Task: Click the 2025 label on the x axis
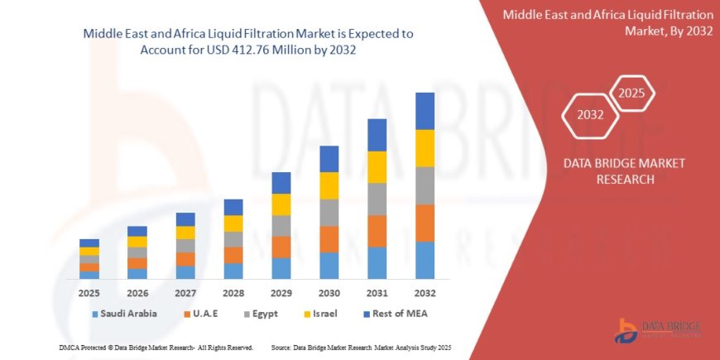coord(89,293)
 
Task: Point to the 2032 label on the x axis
coord(425,293)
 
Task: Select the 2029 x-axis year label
coord(281,293)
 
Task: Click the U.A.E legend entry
coord(210,314)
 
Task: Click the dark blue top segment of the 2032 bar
coord(425,111)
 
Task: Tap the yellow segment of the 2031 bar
coord(377,167)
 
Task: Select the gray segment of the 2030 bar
coord(329,213)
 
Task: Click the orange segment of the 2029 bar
coord(281,247)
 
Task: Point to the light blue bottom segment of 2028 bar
coord(233,271)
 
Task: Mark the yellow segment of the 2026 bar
coord(137,242)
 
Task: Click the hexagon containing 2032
coord(591,115)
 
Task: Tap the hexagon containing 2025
coord(631,90)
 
